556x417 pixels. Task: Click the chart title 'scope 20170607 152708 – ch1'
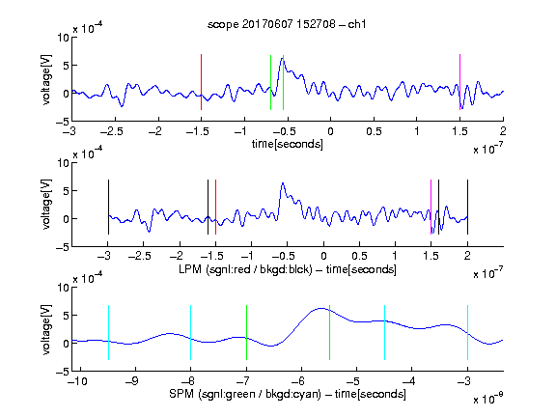pyautogui.click(x=287, y=24)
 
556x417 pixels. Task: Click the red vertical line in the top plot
pyautogui.click(x=201, y=82)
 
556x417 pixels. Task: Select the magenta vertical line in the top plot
pyautogui.click(x=459, y=82)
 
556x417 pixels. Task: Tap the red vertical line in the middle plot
pyautogui.click(x=215, y=208)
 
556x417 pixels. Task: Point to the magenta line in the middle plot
pyautogui.click(x=431, y=208)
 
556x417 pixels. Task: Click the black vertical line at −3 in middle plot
pyautogui.click(x=108, y=208)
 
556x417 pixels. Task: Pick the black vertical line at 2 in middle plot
pyautogui.click(x=467, y=208)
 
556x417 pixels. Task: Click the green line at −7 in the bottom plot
pyautogui.click(x=246, y=333)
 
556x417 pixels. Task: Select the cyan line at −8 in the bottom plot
pyautogui.click(x=191, y=333)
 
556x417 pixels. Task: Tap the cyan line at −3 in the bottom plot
pyautogui.click(x=467, y=333)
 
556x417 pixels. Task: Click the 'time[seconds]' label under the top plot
pyautogui.click(x=288, y=144)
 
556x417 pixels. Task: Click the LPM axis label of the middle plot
pyautogui.click(x=288, y=269)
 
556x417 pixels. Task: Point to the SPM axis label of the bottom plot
pyautogui.click(x=288, y=394)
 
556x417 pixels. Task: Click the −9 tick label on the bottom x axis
pyautogui.click(x=132, y=381)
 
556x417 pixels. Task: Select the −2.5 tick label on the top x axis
pyautogui.click(x=112, y=131)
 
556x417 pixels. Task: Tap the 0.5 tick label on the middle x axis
pyautogui.click(x=359, y=256)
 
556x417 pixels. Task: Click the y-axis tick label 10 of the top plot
pyautogui.click(x=64, y=38)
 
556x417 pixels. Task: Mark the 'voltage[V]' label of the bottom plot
pyautogui.click(x=46, y=330)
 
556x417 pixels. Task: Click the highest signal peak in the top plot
pyautogui.click(x=282, y=59)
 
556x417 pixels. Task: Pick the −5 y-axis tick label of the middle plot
pyautogui.click(x=63, y=247)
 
